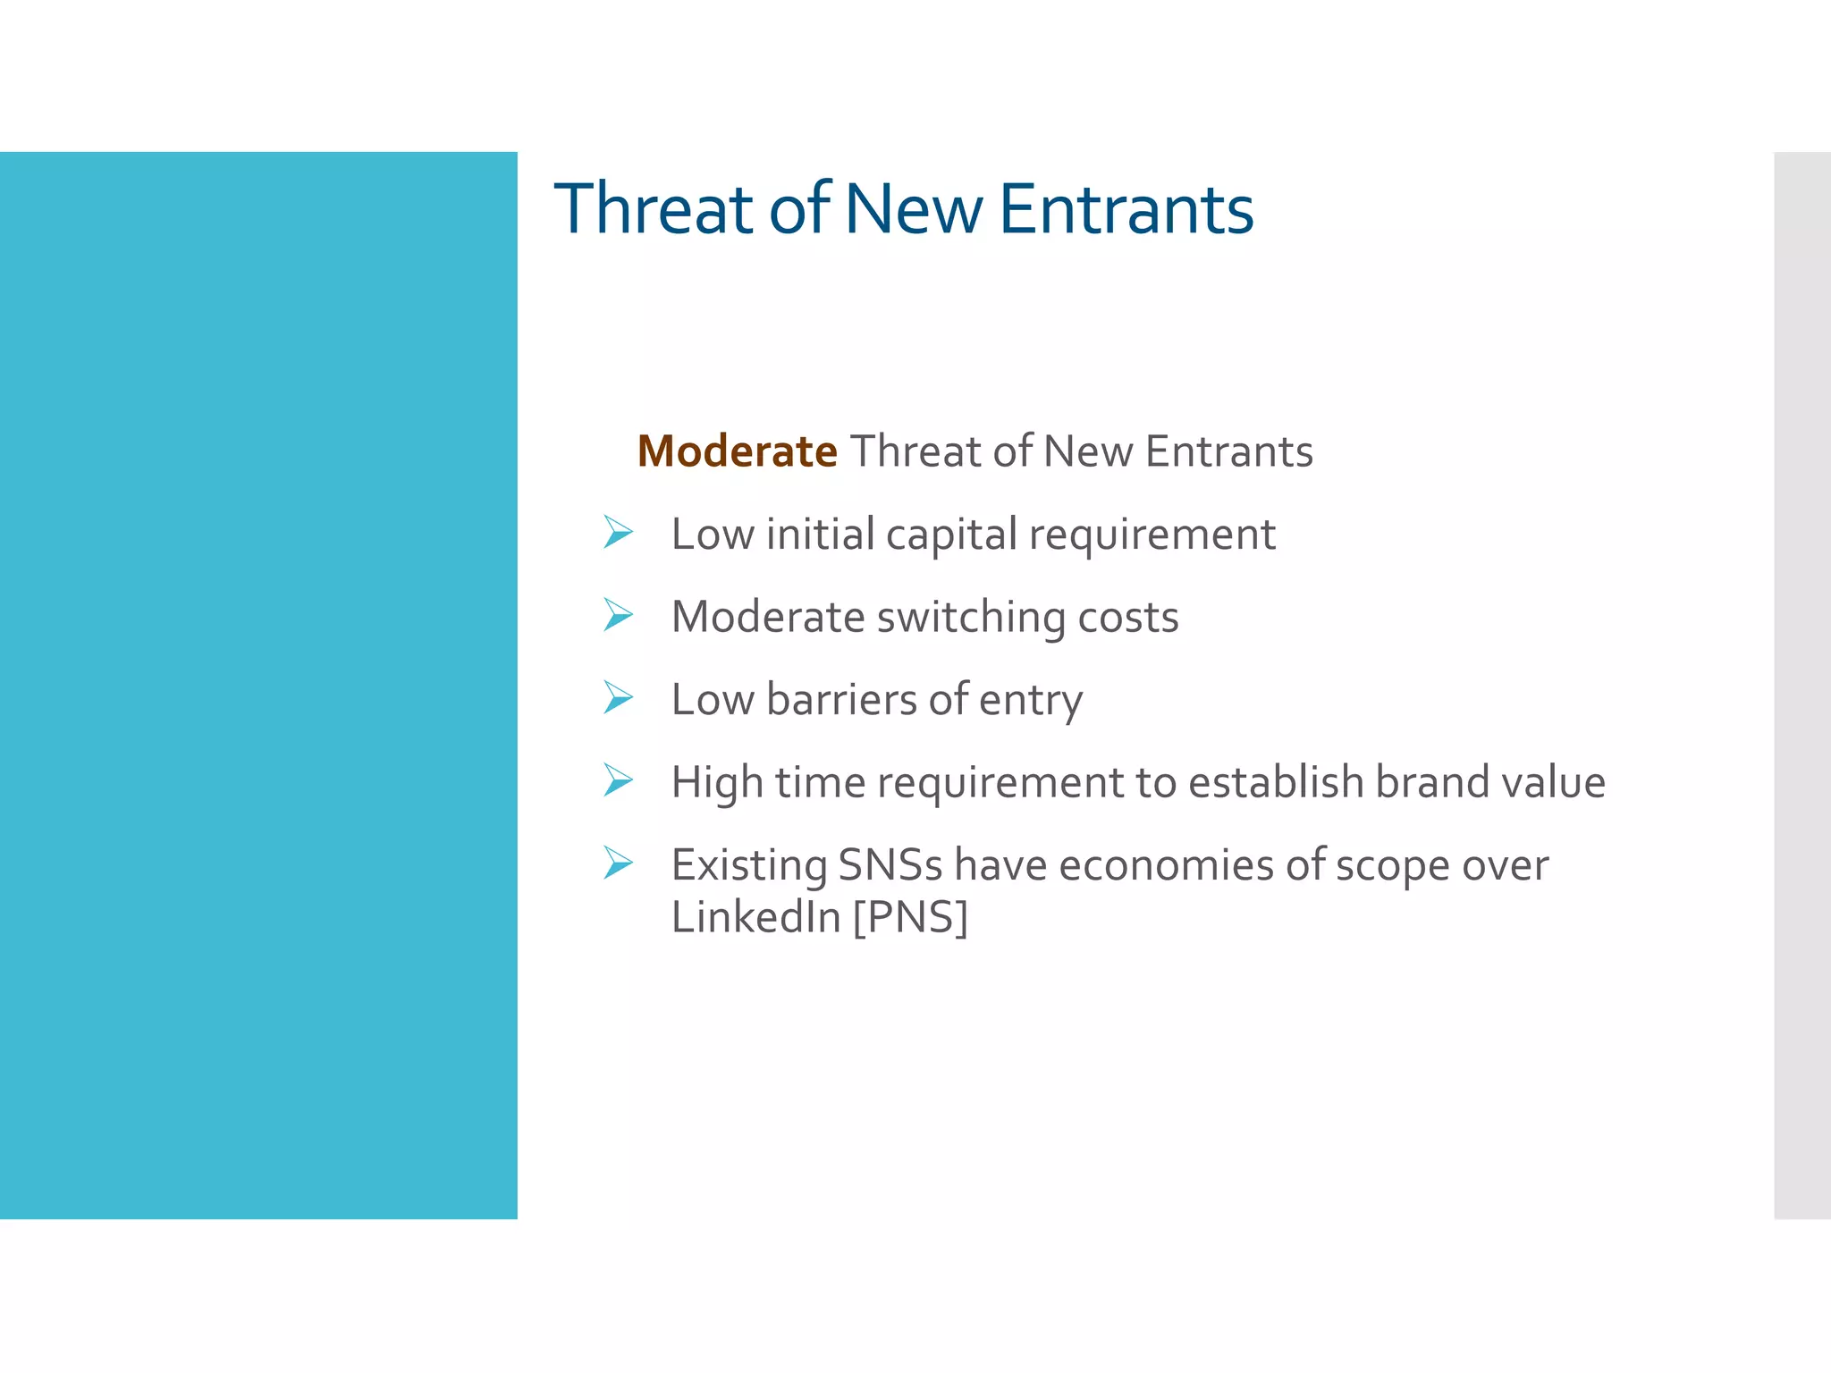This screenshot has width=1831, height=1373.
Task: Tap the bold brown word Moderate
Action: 737,451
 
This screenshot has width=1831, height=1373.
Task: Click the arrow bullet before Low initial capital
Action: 618,533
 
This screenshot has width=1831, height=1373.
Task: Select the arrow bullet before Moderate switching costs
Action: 618,615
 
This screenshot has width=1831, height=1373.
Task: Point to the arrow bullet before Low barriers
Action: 618,697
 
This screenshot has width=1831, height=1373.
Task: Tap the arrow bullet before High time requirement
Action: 618,780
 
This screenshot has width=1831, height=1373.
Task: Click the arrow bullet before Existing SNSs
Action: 618,863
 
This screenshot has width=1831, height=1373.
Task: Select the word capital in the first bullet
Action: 951,535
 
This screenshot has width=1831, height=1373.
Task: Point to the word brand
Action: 1431,782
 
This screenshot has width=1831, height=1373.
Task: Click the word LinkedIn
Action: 755,917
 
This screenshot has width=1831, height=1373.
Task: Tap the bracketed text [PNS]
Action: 910,917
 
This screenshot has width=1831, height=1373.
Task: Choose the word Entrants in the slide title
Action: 1126,209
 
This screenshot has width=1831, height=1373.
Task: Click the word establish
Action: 1275,782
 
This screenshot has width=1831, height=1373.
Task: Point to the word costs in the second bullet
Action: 1128,618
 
